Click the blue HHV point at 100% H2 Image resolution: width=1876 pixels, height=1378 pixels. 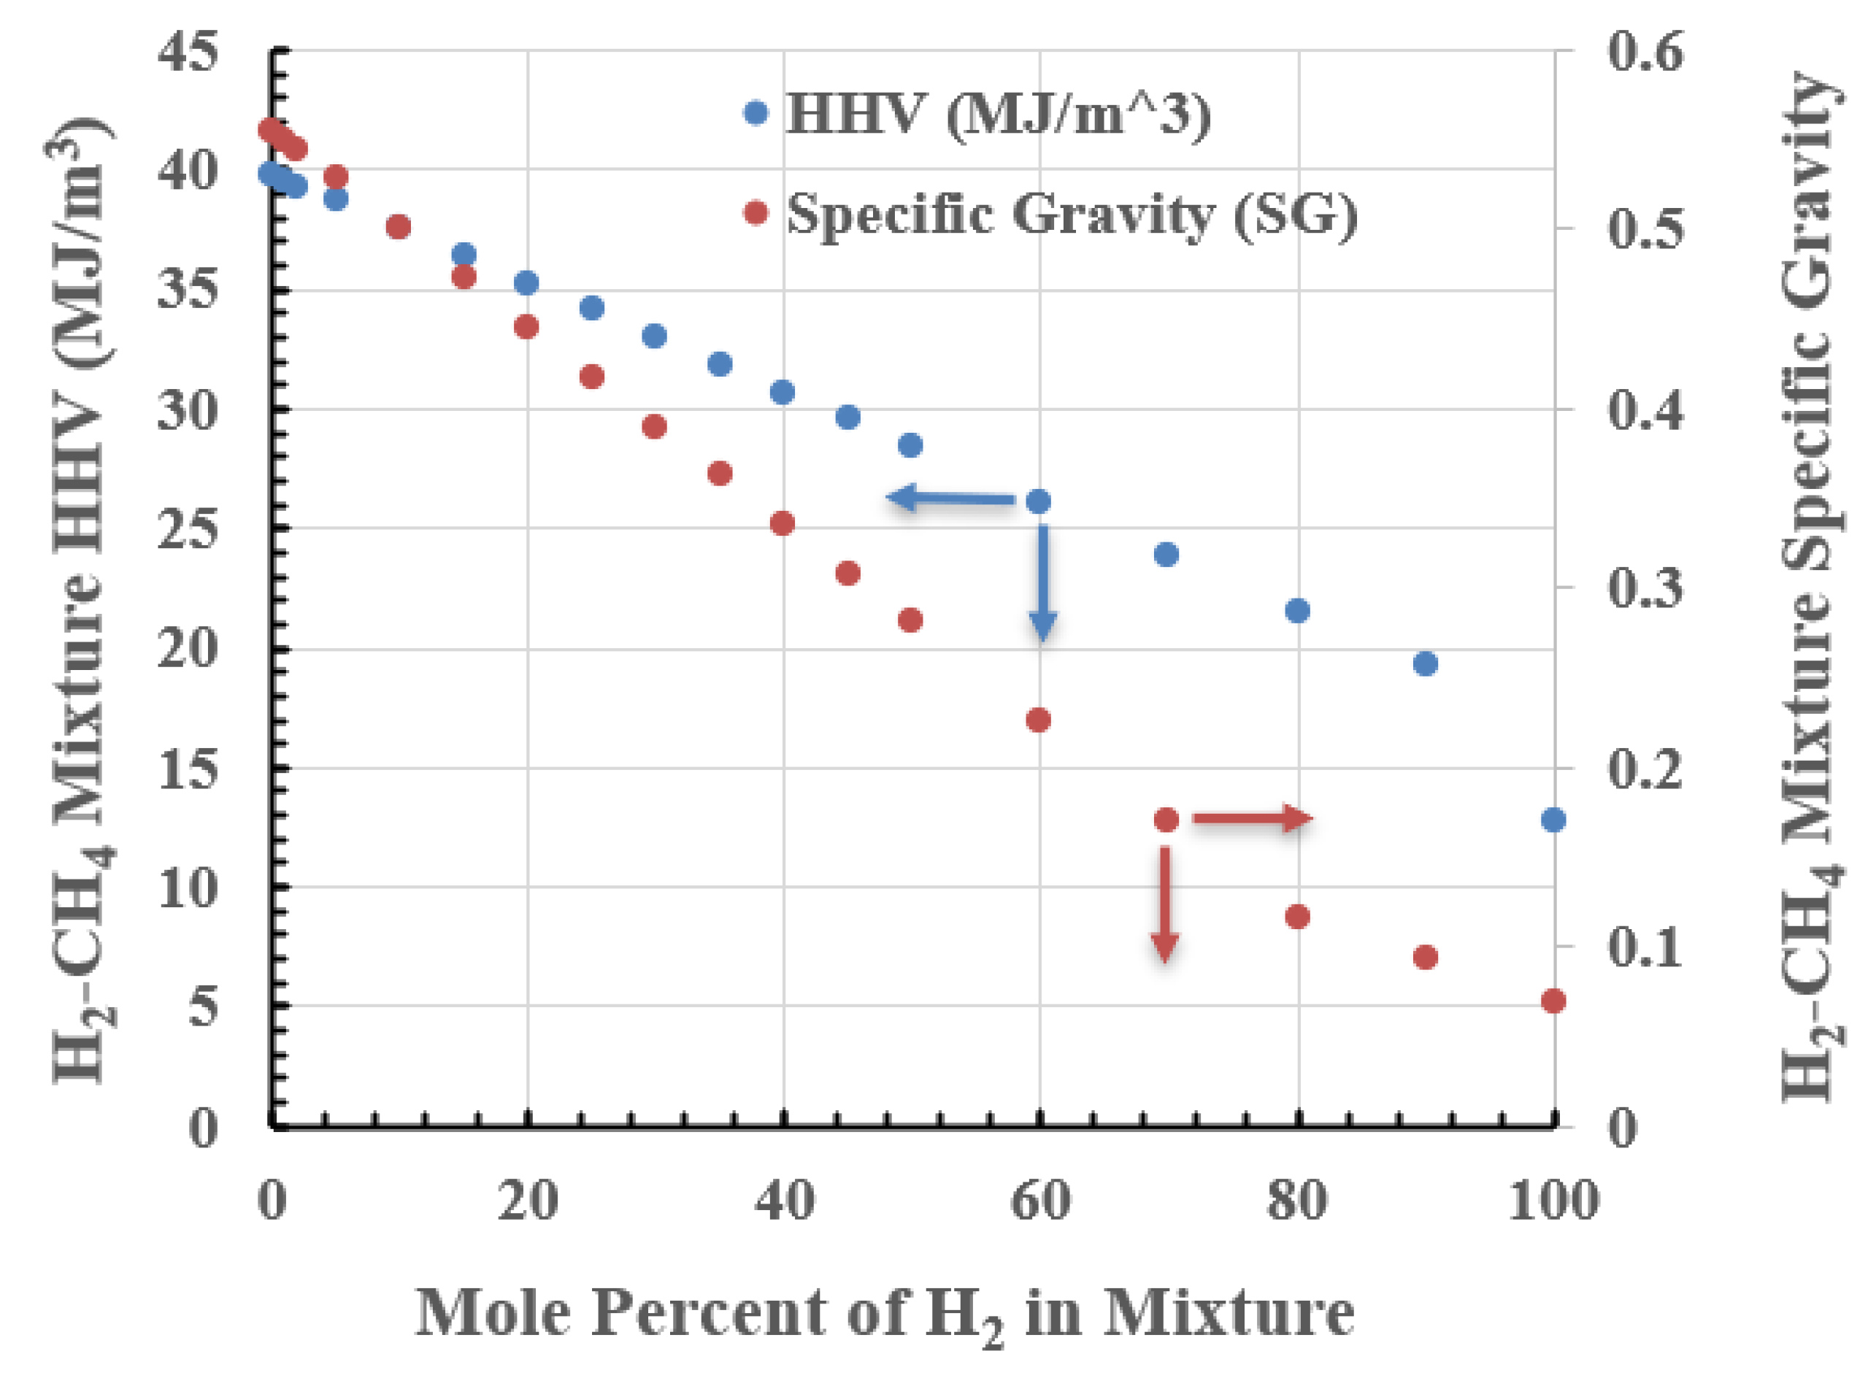tap(1553, 820)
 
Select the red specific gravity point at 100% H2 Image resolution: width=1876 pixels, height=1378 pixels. tap(1553, 1001)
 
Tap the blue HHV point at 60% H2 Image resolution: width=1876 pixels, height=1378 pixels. tap(1038, 501)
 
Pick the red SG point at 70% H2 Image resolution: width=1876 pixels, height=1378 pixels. tap(1166, 820)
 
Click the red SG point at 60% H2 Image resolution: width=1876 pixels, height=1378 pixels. tap(1038, 720)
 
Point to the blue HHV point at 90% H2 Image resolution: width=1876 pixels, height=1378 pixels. tap(1426, 664)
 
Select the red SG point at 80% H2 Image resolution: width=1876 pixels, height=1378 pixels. tap(1297, 917)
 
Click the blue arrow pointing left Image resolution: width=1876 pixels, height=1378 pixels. tap(951, 499)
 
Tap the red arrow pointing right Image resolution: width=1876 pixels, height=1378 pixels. tap(1253, 819)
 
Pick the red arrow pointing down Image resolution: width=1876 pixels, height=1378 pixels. tap(1165, 904)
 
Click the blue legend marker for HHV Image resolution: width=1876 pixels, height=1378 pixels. tap(756, 112)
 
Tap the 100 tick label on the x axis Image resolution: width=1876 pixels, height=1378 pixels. tap(1553, 1202)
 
